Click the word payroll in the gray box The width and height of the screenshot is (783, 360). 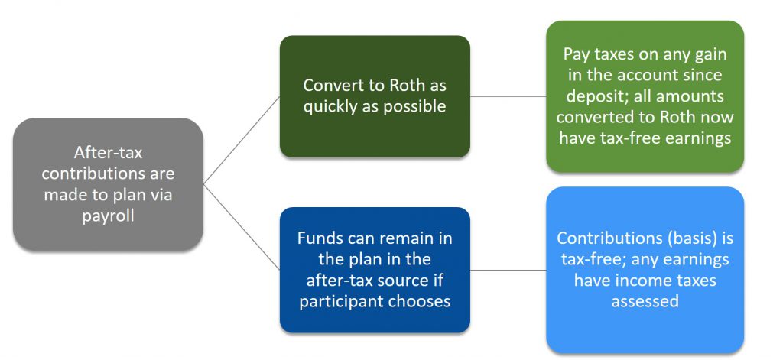point(108,216)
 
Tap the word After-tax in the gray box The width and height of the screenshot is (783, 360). point(108,152)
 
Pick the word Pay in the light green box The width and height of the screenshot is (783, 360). point(577,54)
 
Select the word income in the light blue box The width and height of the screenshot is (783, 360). point(643,280)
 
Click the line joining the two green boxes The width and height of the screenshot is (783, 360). point(508,96)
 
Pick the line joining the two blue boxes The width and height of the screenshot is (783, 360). point(508,270)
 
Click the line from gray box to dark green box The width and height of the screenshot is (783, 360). point(242,141)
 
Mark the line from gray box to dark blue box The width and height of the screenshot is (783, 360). point(242,228)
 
